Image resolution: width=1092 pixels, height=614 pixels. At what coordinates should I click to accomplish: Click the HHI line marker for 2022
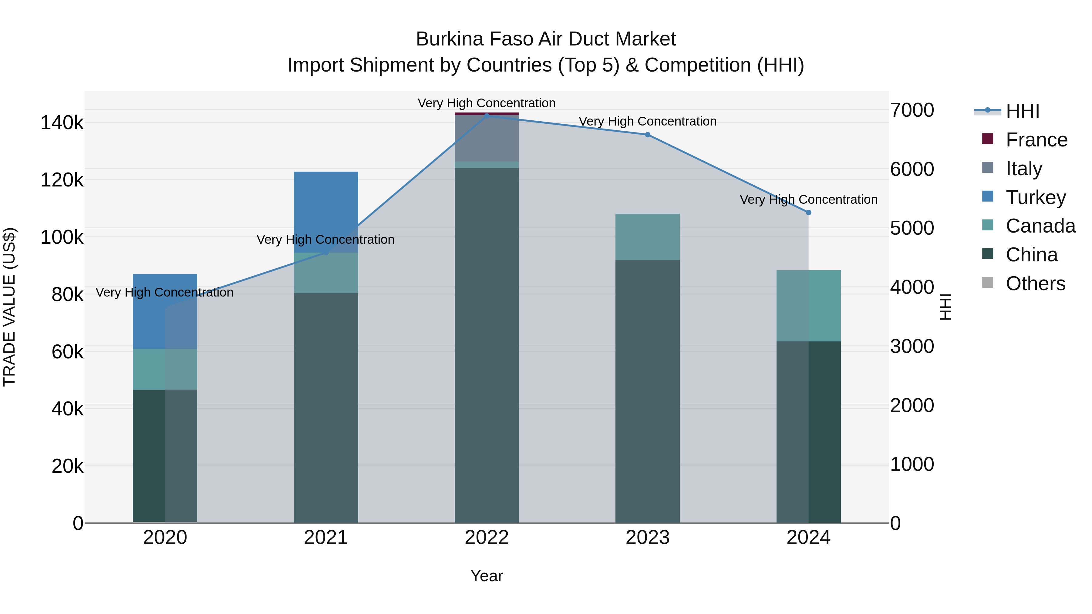click(487, 116)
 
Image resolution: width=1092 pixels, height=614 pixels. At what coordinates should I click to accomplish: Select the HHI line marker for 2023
click(647, 135)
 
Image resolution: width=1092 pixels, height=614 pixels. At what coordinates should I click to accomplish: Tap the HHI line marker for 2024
click(808, 213)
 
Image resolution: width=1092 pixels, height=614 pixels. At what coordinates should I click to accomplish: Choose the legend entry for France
click(1036, 140)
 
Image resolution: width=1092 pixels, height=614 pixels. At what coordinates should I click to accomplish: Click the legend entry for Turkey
click(1035, 197)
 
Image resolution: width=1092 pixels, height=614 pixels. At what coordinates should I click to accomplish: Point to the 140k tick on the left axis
click(62, 123)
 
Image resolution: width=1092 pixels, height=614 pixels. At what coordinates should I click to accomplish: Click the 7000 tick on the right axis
click(912, 110)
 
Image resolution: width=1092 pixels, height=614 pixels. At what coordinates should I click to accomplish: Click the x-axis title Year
click(487, 576)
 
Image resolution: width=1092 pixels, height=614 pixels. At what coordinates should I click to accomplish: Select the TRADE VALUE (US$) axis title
click(9, 307)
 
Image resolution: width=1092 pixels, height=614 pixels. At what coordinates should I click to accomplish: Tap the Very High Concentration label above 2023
click(647, 121)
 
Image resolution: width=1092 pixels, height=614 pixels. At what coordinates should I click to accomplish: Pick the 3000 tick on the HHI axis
click(912, 346)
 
